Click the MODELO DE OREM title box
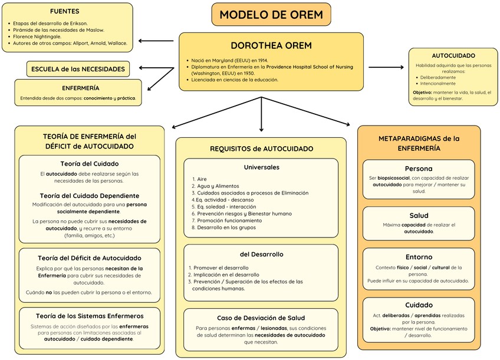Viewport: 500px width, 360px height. pyautogui.click(x=271, y=15)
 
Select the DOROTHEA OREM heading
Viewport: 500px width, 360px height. pyautogui.click(x=271, y=45)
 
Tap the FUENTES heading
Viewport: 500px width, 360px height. pyautogui.click(x=65, y=11)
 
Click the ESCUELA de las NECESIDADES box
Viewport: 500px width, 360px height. pyautogui.click(x=78, y=69)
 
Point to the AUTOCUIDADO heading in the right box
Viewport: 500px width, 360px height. pyautogui.click(x=453, y=55)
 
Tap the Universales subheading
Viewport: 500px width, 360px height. pyautogui.click(x=261, y=167)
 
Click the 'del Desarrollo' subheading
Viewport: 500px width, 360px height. pyautogui.click(x=261, y=255)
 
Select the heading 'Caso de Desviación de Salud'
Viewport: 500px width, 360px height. pyautogui.click(x=261, y=318)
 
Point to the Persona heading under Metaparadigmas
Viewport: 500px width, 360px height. pyautogui.click(x=419, y=169)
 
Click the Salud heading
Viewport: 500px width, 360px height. pyautogui.click(x=419, y=216)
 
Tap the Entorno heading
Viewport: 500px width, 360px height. pyautogui.click(x=419, y=257)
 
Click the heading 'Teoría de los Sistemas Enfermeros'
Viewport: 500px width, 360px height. pyautogui.click(x=90, y=316)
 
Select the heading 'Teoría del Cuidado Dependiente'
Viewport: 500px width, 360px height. pyautogui.click(x=90, y=196)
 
